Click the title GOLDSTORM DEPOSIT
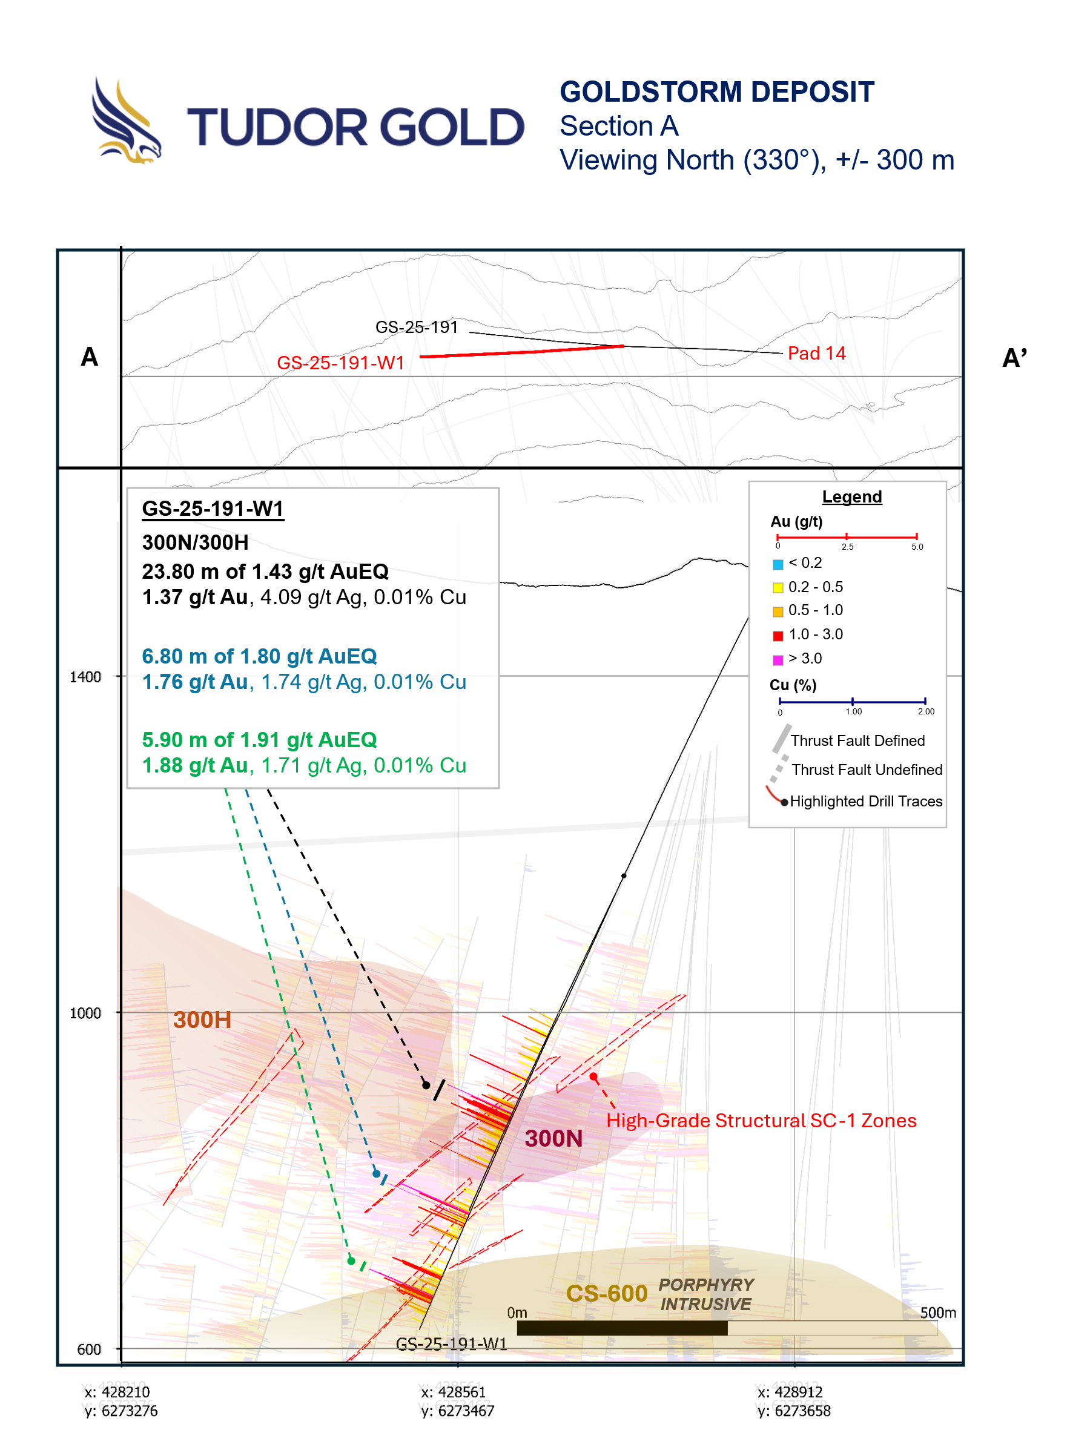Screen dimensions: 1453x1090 pos(716,92)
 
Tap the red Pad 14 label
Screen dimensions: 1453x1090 pos(816,354)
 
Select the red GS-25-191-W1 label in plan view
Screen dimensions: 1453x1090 pos(340,363)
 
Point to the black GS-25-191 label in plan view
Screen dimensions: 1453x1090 pos(416,327)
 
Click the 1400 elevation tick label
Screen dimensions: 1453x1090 pos(85,677)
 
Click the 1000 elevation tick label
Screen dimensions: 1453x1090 pos(85,1013)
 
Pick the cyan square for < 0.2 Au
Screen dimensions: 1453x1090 pos(778,564)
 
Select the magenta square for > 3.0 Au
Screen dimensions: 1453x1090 pos(778,659)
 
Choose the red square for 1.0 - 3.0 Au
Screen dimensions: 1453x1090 pos(778,635)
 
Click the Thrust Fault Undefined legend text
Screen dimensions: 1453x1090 pos(867,769)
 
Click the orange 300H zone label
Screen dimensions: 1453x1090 pos(202,1020)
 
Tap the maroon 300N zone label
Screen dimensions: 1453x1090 pos(553,1138)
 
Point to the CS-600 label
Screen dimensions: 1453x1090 pos(606,1293)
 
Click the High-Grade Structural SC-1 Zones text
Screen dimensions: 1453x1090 pos(761,1121)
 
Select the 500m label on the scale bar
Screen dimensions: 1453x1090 pos(937,1313)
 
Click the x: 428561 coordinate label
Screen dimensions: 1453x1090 pos(454,1392)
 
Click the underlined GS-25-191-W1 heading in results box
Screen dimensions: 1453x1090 pos(213,509)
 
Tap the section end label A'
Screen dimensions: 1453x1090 pos(1014,358)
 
